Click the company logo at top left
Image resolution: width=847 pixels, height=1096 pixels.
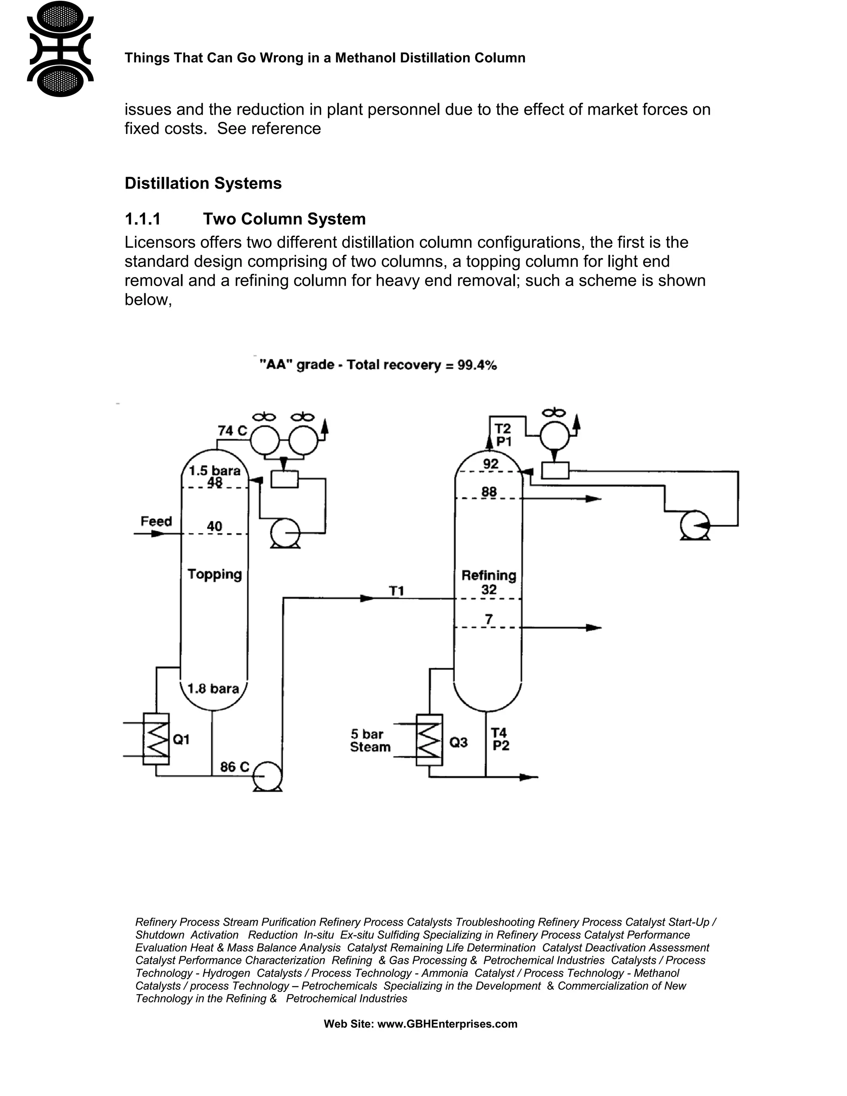(60, 49)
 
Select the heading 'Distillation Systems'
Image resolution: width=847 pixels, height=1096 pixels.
(203, 183)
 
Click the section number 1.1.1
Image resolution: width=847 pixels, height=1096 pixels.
(143, 219)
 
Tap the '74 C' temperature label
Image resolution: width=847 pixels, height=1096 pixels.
(232, 431)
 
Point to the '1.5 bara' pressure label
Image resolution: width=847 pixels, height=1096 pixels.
(214, 470)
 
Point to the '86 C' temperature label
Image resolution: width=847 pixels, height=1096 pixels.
(234, 767)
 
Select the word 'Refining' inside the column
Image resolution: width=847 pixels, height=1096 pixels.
(488, 575)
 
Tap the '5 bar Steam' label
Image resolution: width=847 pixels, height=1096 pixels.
(370, 741)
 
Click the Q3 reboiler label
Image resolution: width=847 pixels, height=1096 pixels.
(458, 742)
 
